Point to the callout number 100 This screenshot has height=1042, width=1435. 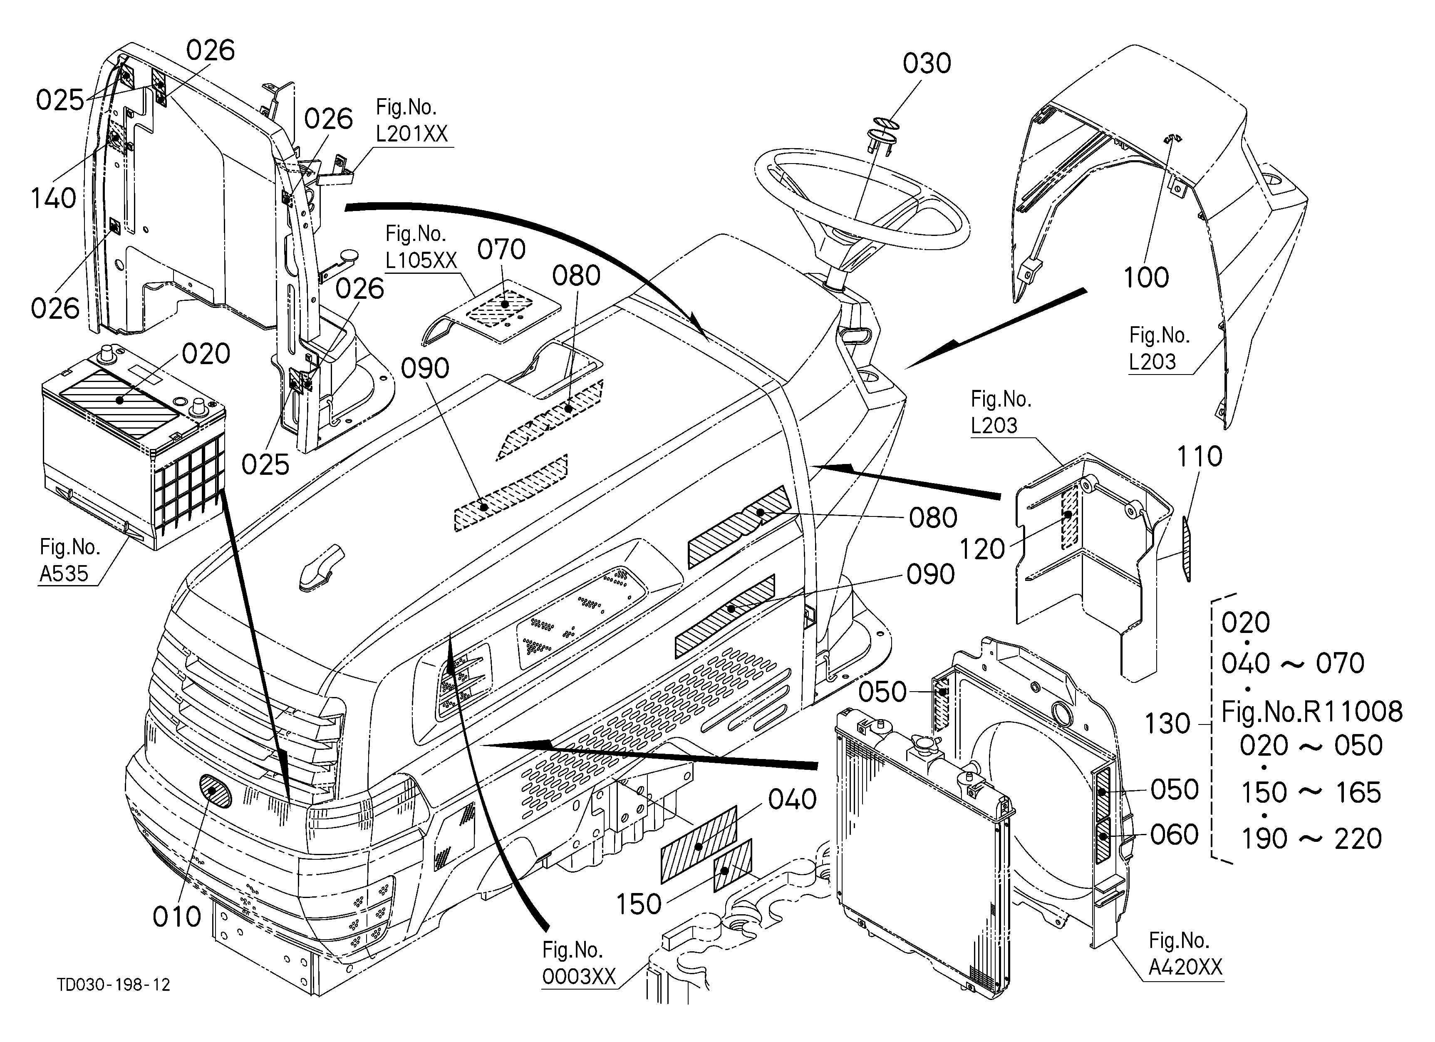pos(1146,278)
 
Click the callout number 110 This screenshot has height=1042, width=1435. pos(1200,457)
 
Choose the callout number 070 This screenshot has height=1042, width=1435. pos(501,250)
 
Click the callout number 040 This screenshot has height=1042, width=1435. pos(792,800)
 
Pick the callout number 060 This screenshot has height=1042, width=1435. pos(1174,835)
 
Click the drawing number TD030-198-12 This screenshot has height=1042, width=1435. pos(114,985)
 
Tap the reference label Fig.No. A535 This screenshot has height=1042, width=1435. pos(69,560)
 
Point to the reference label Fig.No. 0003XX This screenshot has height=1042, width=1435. pos(579,963)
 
